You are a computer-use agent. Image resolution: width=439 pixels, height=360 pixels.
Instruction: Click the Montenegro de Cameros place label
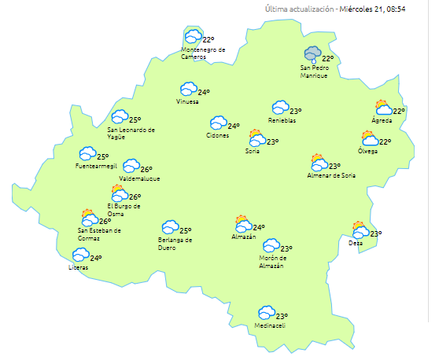click(x=203, y=53)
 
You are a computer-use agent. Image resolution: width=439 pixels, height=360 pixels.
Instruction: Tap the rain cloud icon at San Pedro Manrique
click(x=314, y=54)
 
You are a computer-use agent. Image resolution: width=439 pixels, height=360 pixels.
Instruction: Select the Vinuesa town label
click(x=188, y=101)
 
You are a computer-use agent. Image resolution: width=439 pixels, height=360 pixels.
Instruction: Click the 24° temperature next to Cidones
click(x=234, y=126)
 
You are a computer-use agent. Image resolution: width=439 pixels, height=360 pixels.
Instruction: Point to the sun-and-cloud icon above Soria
click(x=256, y=138)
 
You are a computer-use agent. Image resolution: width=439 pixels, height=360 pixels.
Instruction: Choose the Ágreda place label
click(x=382, y=120)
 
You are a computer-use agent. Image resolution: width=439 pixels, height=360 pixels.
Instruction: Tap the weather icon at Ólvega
click(x=370, y=139)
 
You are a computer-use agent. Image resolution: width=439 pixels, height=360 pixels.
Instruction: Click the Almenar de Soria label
click(x=331, y=175)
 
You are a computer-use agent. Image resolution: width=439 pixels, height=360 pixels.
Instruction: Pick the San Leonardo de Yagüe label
click(x=131, y=132)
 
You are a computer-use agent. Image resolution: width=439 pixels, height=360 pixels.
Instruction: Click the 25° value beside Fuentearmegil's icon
click(x=103, y=156)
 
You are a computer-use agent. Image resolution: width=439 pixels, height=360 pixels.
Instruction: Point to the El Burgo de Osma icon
click(x=119, y=193)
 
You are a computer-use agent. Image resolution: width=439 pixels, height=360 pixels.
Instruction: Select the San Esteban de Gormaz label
click(x=99, y=233)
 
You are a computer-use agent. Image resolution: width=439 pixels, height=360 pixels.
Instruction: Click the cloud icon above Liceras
click(x=80, y=255)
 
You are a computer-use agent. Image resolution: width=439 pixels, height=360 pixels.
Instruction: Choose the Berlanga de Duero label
click(x=175, y=243)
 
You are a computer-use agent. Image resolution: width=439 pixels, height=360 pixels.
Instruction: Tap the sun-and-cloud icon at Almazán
click(x=242, y=224)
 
